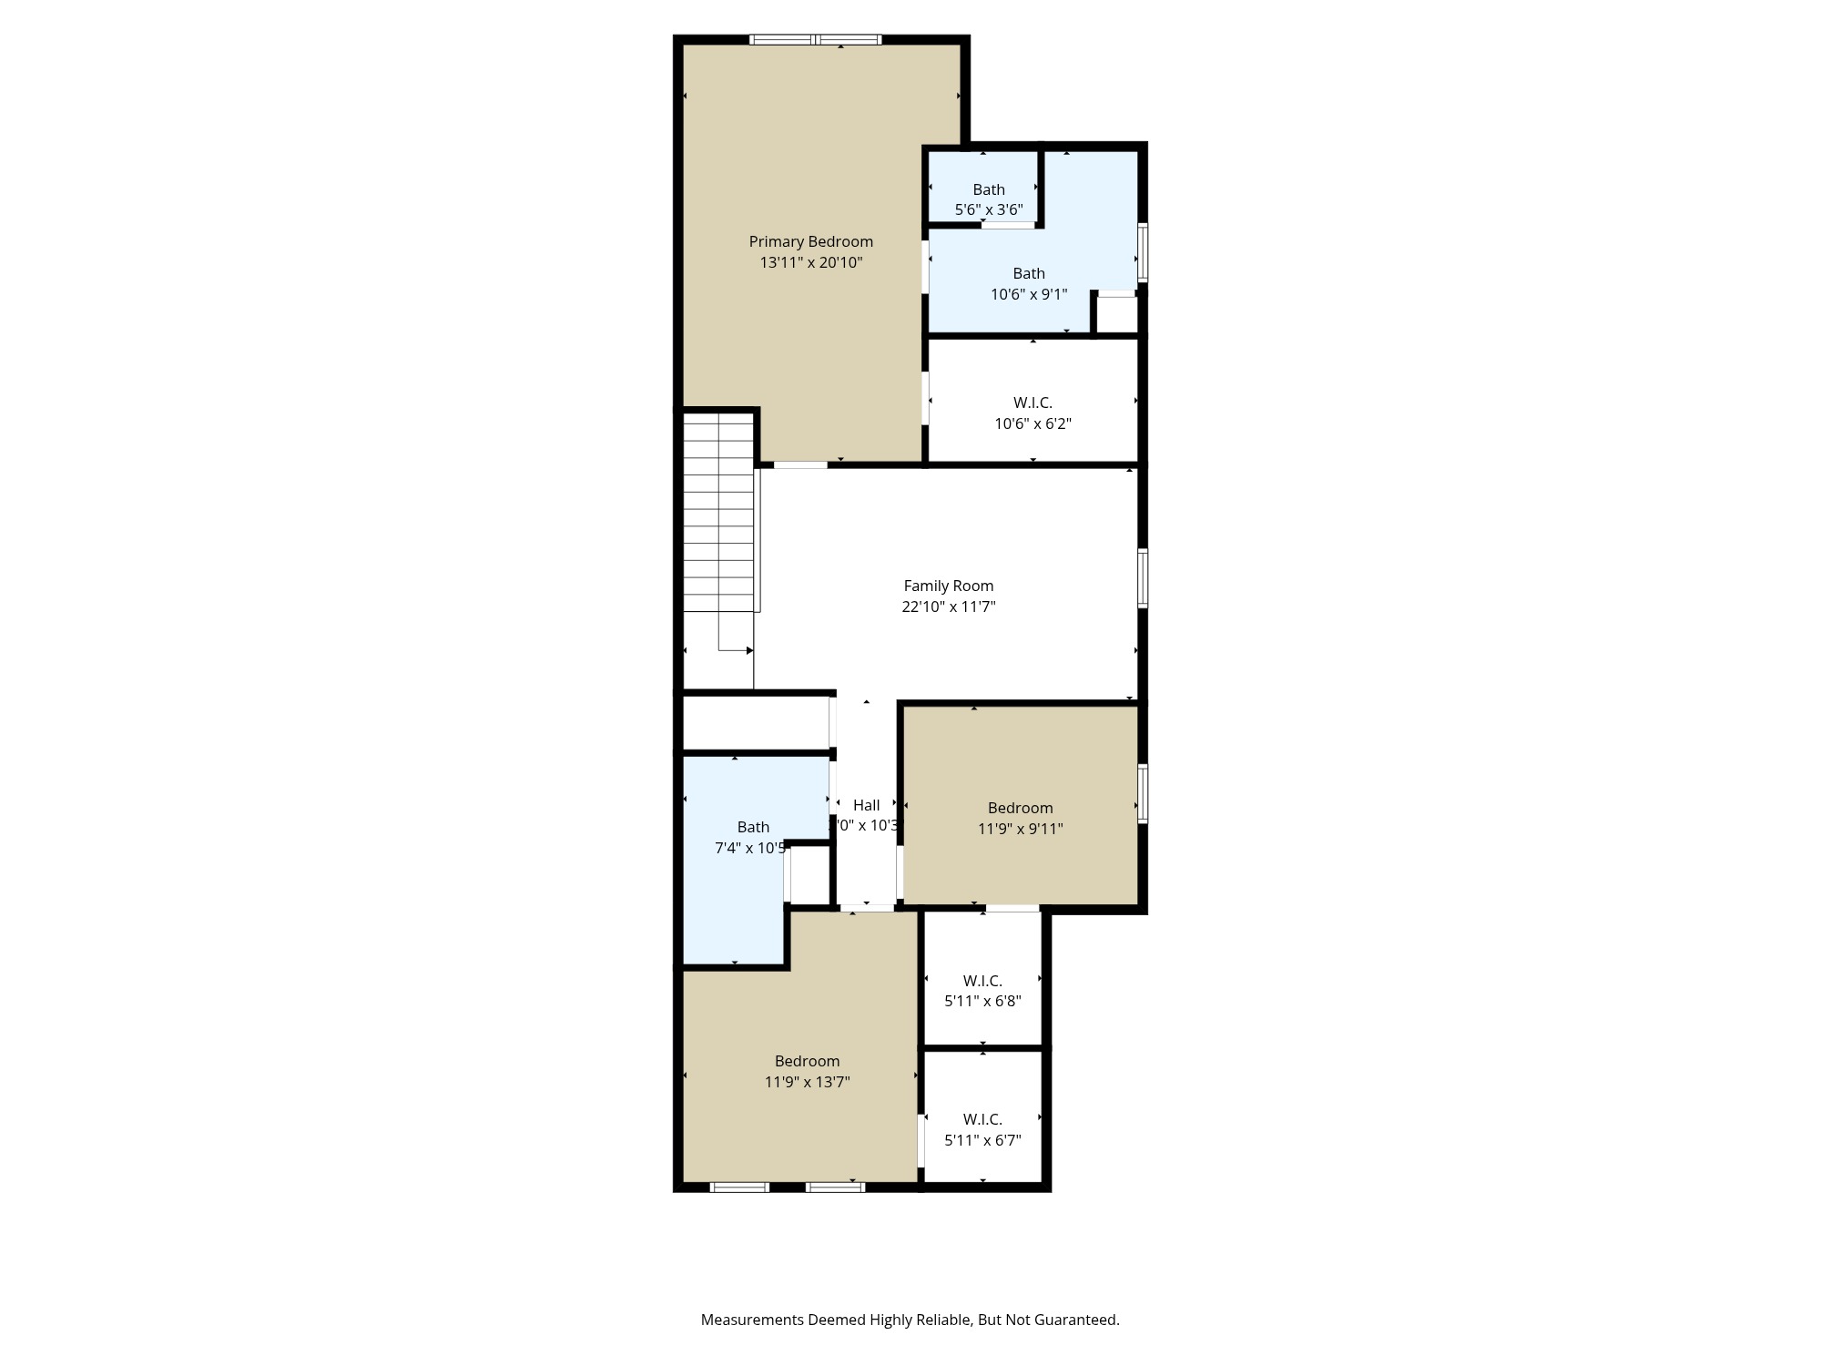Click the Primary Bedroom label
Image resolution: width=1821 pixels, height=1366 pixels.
(x=810, y=241)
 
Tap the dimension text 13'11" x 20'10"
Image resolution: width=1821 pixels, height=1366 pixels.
(x=810, y=262)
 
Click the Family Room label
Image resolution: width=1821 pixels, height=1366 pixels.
(x=948, y=586)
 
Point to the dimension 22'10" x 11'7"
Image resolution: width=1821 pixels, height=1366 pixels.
(x=948, y=607)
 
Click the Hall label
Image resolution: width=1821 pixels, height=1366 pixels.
(x=866, y=805)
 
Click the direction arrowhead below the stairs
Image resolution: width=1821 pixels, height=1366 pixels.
(x=749, y=650)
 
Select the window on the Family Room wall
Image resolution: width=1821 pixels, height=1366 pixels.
(x=1143, y=577)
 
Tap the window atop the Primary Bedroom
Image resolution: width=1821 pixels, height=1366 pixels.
(x=815, y=39)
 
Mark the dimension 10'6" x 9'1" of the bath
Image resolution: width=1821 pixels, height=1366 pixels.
(x=1029, y=294)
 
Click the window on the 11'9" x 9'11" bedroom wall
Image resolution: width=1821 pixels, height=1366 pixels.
(x=1143, y=793)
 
